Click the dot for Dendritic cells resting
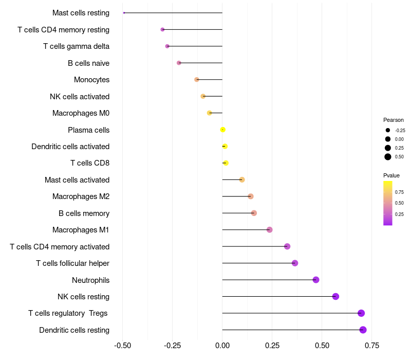coord(363,330)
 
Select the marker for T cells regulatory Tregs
coord(361,313)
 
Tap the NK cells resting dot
coord(335,296)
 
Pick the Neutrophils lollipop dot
coord(316,280)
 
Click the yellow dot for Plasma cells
coord(222,130)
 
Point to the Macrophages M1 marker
coord(269,230)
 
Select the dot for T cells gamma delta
coord(167,46)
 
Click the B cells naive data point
coord(179,63)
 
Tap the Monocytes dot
coord(196,80)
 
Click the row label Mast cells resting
coord(81,13)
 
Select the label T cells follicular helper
coord(72,263)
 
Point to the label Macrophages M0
coord(81,113)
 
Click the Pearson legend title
coord(394,120)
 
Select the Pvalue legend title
coord(391,175)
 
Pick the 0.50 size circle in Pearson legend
coord(388,157)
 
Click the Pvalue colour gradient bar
coord(388,203)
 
